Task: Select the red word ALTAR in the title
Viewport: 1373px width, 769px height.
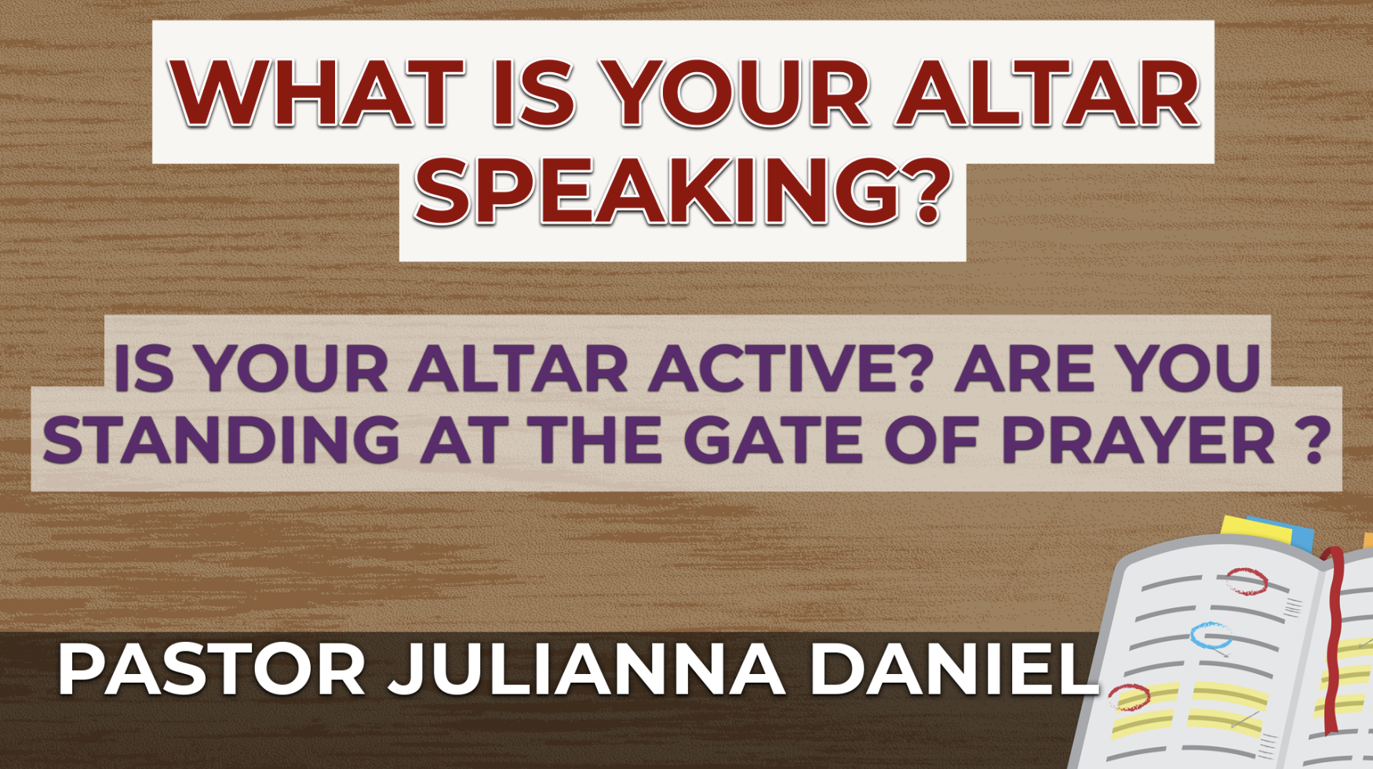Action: coord(1047,93)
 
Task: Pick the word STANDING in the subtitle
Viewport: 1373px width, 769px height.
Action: coord(220,439)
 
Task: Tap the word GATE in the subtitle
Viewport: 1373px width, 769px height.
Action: coord(773,439)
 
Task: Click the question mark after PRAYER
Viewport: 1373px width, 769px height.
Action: coord(1312,439)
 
